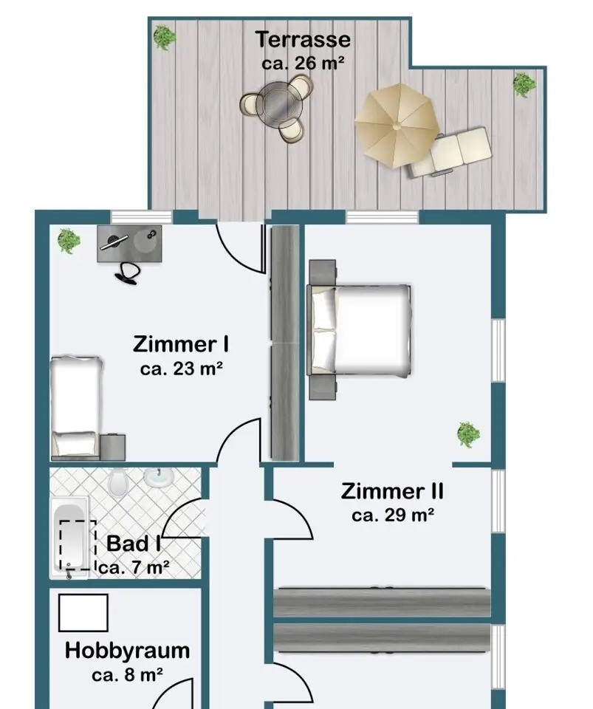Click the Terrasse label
click(x=303, y=39)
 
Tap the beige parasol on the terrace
click(x=397, y=126)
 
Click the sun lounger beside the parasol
click(x=451, y=152)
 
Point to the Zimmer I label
click(x=181, y=344)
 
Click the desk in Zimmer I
click(x=129, y=244)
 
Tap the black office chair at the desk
click(x=128, y=273)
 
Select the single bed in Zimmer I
click(x=75, y=406)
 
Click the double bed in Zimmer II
click(x=360, y=330)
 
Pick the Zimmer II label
click(x=392, y=491)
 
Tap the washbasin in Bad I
click(x=159, y=477)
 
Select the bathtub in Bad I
click(x=69, y=538)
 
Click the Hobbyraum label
click(x=128, y=650)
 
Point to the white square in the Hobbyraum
click(x=83, y=613)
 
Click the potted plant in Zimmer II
click(x=468, y=434)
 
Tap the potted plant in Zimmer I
click(x=69, y=240)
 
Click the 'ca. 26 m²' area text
click(x=303, y=63)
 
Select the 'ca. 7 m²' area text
click(x=134, y=567)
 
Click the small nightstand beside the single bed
click(x=112, y=448)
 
